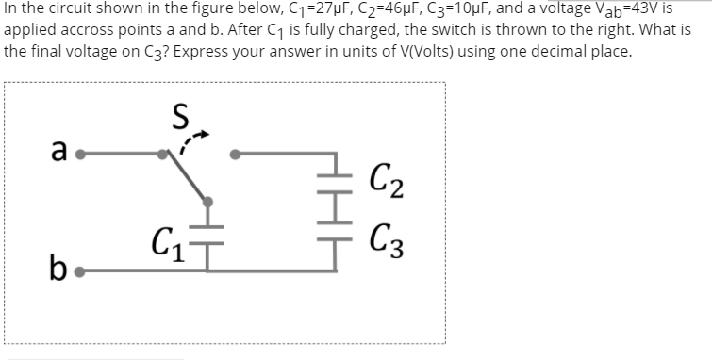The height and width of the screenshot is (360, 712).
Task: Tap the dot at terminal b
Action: coord(81,272)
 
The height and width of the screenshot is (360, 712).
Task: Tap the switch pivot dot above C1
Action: coord(208,202)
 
